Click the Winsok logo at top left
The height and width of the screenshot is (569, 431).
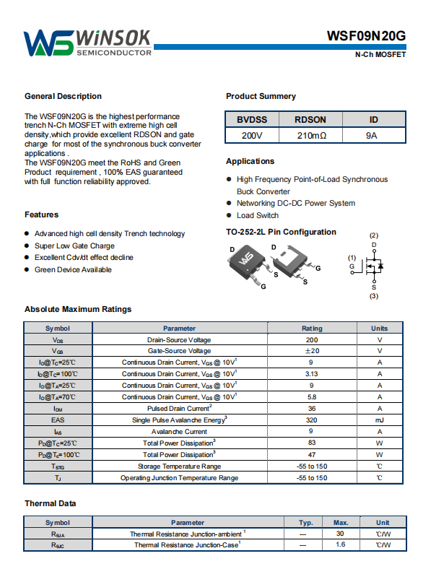tap(87, 43)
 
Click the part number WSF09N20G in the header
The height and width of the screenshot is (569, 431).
tap(366, 36)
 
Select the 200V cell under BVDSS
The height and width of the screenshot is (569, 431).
tap(252, 135)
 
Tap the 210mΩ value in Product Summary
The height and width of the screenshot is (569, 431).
tap(312, 135)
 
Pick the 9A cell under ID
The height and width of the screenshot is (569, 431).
tap(372, 135)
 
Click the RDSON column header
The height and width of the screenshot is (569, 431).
tap(310, 120)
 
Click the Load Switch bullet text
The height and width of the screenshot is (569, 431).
tap(258, 215)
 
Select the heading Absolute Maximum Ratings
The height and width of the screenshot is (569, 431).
tap(78, 309)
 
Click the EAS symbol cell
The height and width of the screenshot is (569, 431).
tap(58, 420)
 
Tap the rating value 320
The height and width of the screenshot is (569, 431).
tap(311, 420)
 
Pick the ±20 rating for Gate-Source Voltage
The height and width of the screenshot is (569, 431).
tap(312, 350)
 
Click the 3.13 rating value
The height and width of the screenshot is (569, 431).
tap(311, 374)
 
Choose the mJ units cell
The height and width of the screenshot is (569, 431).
tap(380, 420)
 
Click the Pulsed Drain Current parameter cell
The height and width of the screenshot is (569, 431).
tap(180, 408)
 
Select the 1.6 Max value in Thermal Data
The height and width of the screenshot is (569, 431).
tap(340, 544)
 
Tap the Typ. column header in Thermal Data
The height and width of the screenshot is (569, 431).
tap(306, 523)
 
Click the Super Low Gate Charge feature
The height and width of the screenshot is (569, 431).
tap(74, 246)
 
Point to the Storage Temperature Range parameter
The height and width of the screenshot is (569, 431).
tap(179, 466)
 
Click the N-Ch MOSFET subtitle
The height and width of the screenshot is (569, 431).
tap(380, 54)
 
